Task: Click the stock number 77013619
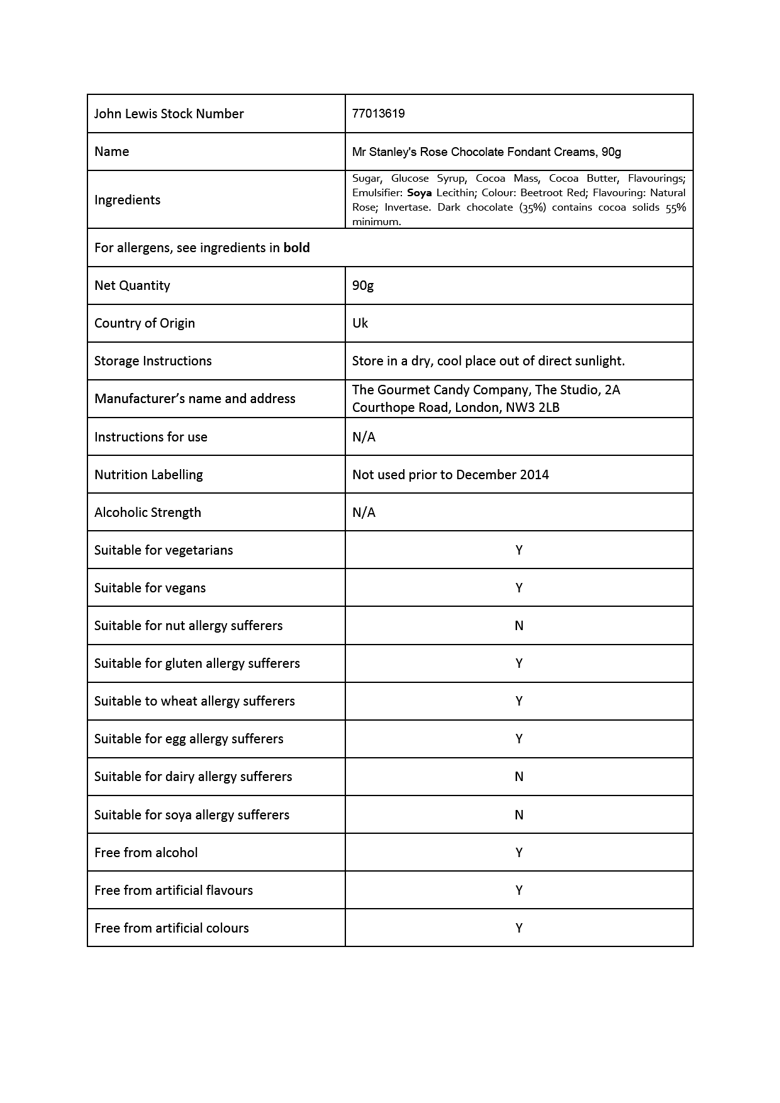[378, 114]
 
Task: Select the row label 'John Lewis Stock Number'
[169, 114]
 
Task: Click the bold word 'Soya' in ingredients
[419, 193]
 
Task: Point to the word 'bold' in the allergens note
[296, 248]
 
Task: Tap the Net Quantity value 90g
[363, 285]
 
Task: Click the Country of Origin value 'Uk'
[360, 323]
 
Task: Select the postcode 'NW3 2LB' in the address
[533, 407]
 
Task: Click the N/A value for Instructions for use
[364, 437]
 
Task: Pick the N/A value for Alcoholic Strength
[364, 513]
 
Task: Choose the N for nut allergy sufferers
[519, 626]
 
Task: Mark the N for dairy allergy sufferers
[519, 777]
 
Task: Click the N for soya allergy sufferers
[519, 815]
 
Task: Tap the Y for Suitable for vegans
[519, 588]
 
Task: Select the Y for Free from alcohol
[519, 853]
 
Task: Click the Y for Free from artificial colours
[519, 928]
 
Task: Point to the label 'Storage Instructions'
[153, 361]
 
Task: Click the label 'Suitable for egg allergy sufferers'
[189, 739]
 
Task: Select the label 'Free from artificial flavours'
[174, 890]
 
